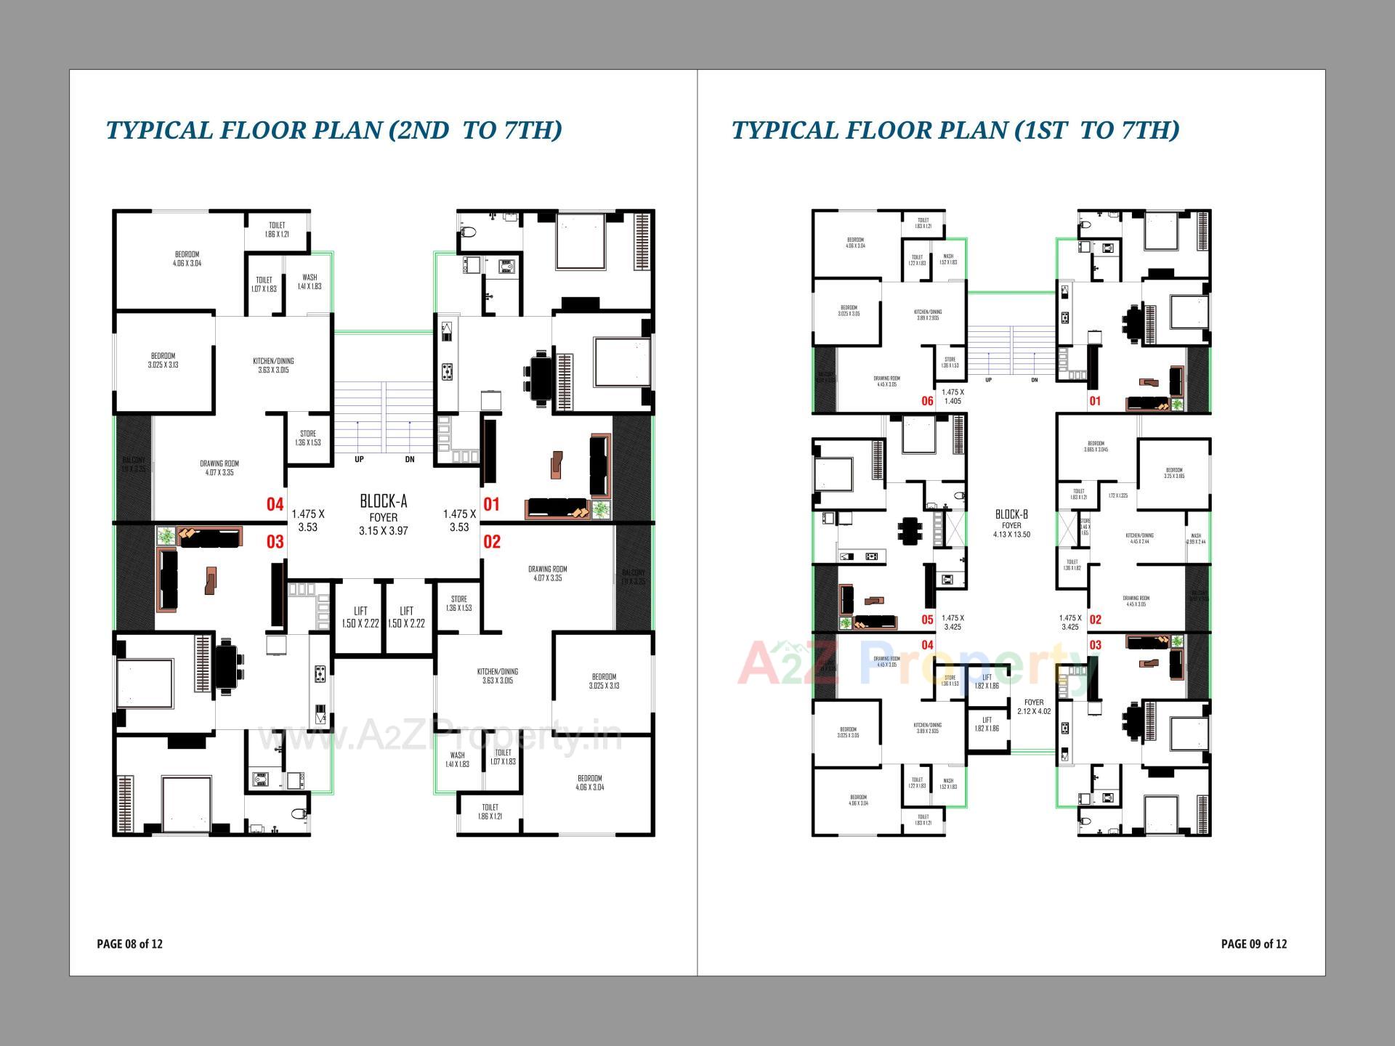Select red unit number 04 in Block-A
[275, 504]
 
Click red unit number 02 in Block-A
[492, 541]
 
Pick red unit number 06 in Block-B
[927, 401]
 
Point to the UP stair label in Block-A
[359, 459]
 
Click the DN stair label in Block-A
[410, 459]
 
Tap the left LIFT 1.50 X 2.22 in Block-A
[360, 617]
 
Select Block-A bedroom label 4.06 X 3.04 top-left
[187, 259]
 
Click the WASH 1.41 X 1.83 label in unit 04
[310, 282]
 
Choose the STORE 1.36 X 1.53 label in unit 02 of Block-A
[458, 604]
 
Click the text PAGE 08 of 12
[129, 944]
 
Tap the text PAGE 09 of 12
[1253, 944]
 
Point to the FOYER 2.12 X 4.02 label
[1033, 707]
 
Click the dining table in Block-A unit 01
[540, 376]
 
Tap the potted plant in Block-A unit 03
[166, 536]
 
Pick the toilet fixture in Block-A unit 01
[469, 233]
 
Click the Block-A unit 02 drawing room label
[547, 573]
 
